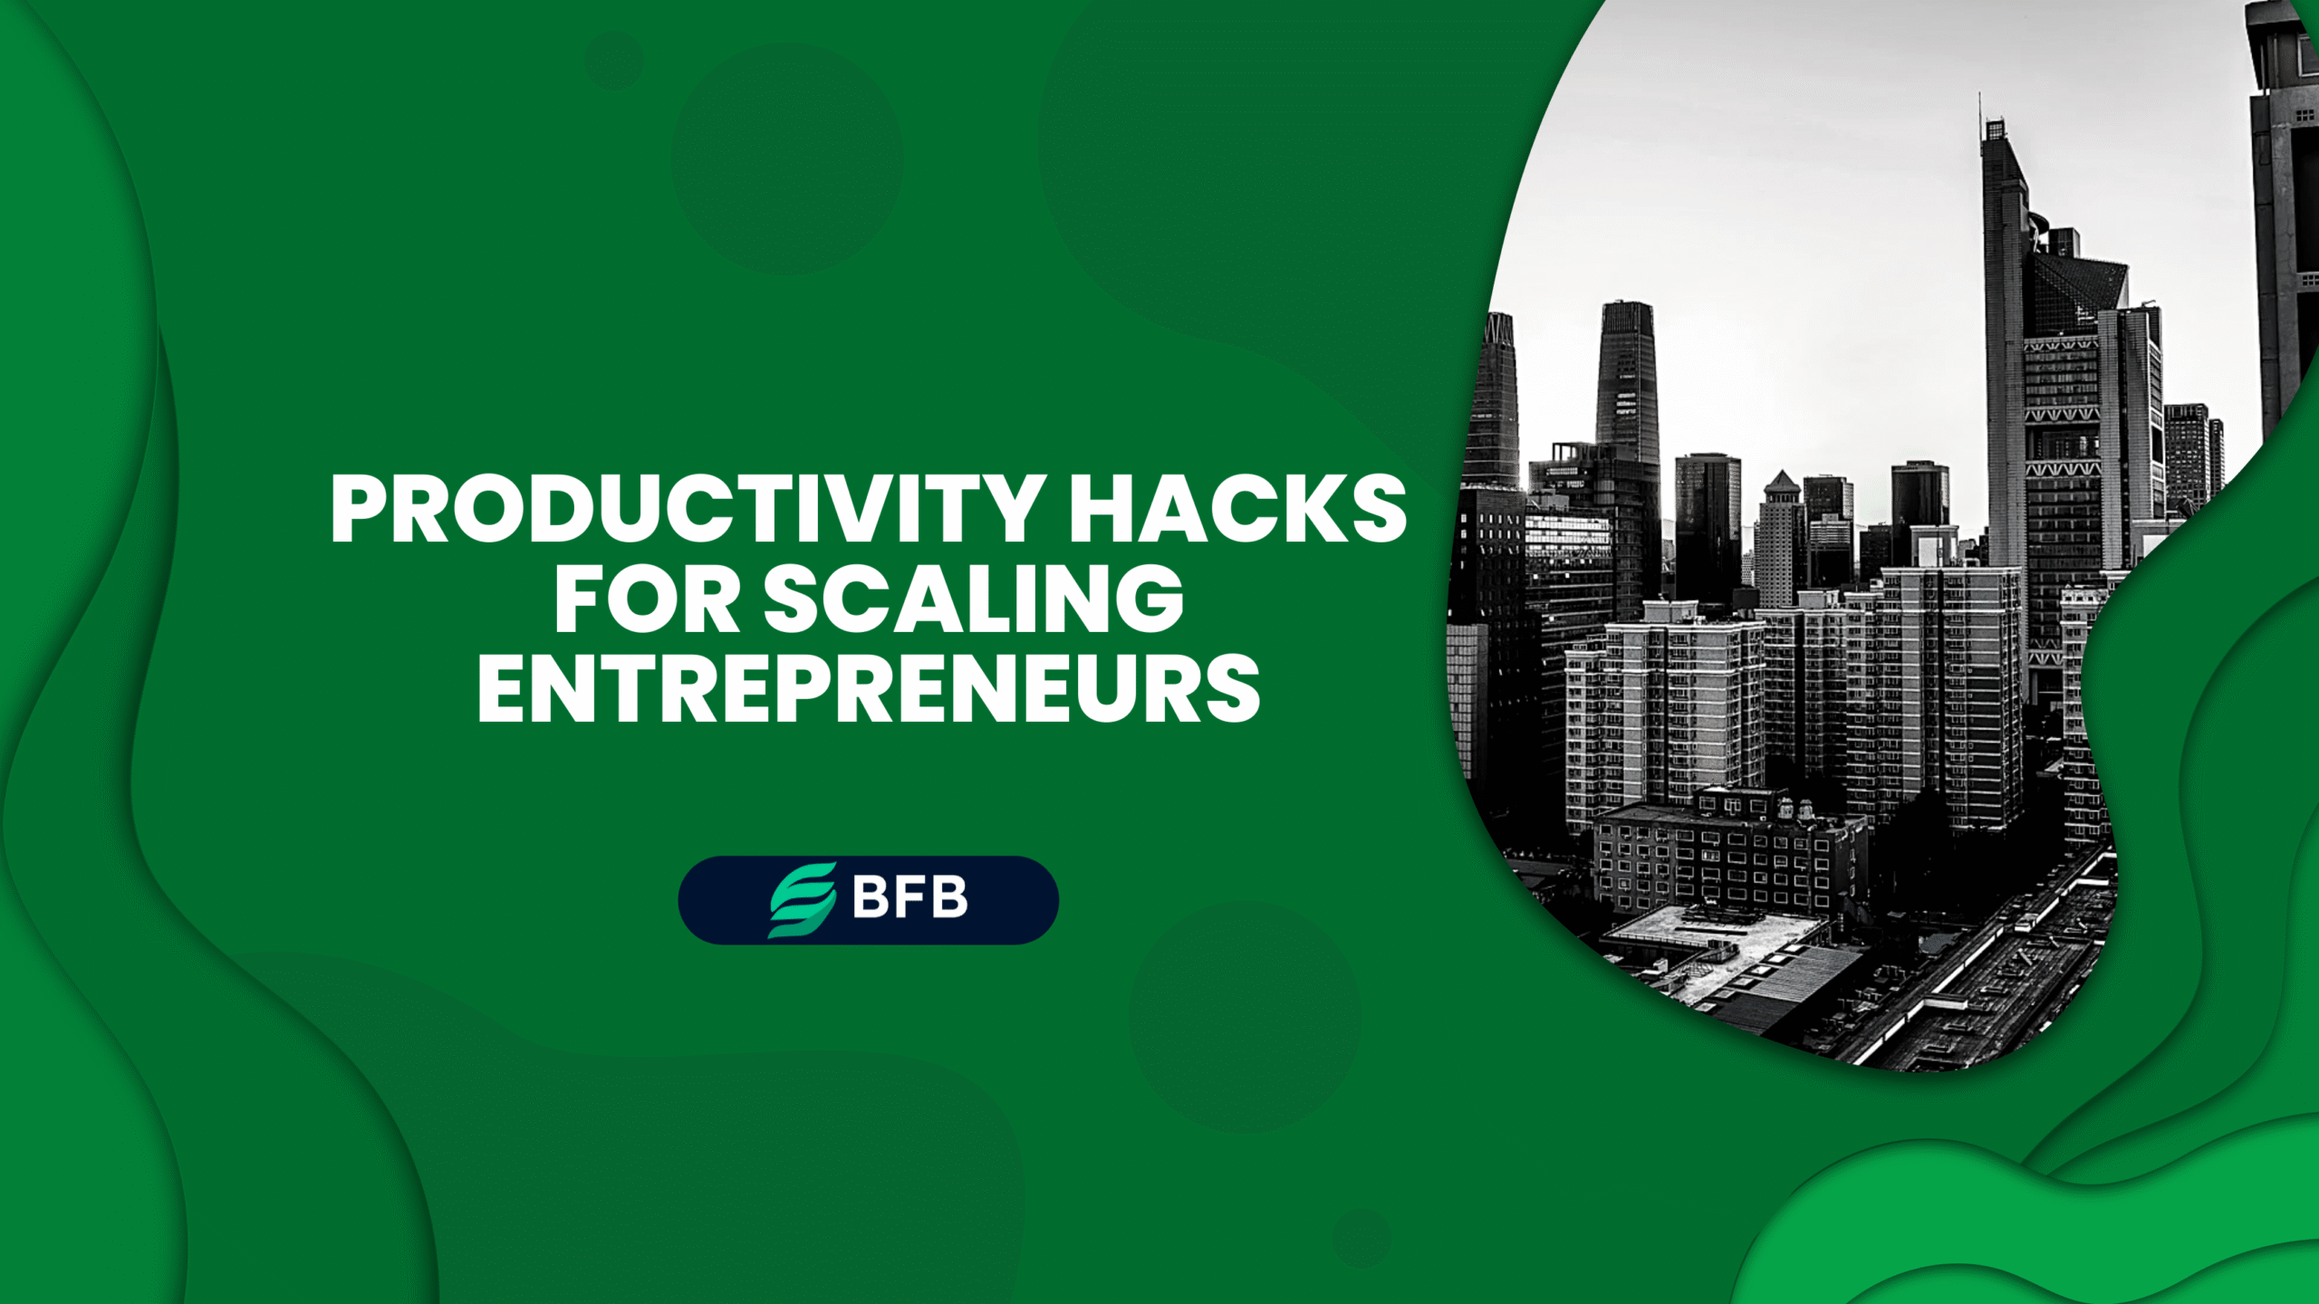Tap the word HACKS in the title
pyautogui.click(x=1236, y=509)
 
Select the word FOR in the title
pyautogui.click(x=647, y=599)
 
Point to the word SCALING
pyautogui.click(x=974, y=599)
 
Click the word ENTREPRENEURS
pyautogui.click(x=868, y=689)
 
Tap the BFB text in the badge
pyautogui.click(x=909, y=898)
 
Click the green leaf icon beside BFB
pyautogui.click(x=802, y=899)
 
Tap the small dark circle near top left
pyautogui.click(x=613, y=61)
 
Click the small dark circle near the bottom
pyautogui.click(x=1361, y=1237)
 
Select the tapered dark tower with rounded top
pyautogui.click(x=1627, y=380)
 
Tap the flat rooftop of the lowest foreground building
pyautogui.click(x=1703, y=933)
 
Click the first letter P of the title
pyautogui.click(x=362, y=509)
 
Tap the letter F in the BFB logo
pyautogui.click(x=909, y=898)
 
